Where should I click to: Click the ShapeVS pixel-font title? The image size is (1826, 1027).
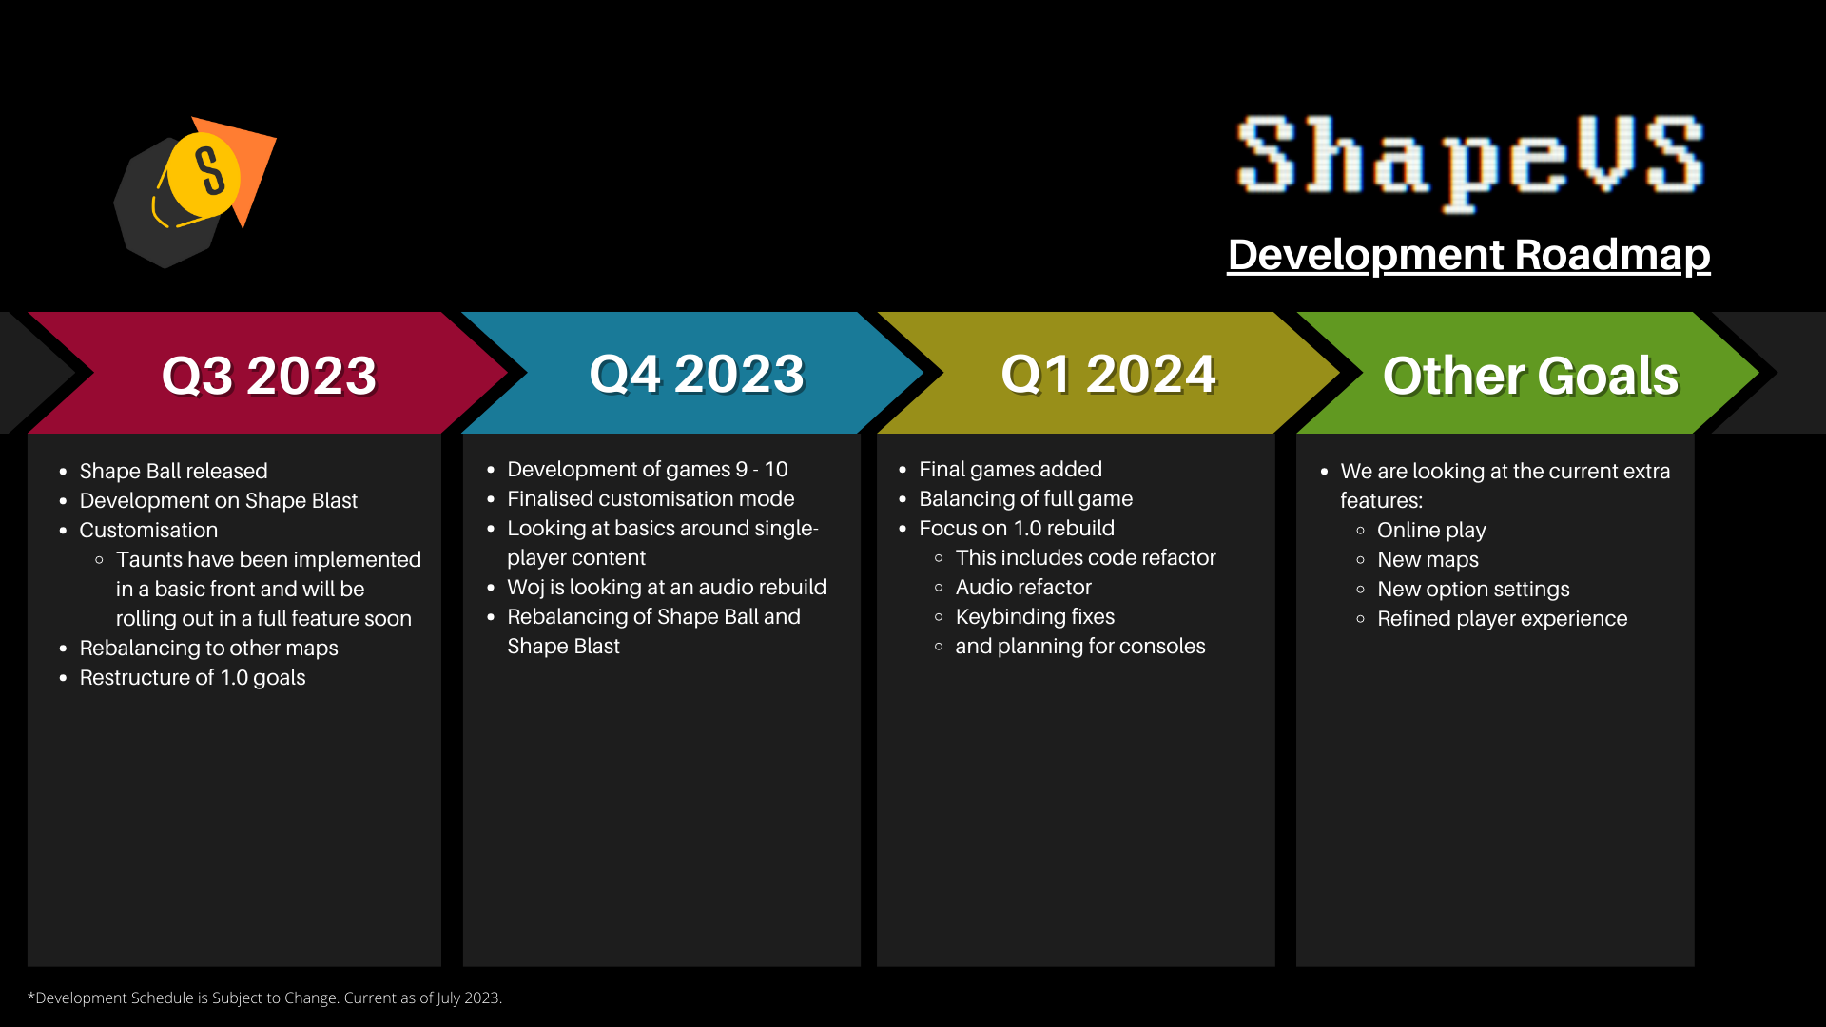[x=1469, y=160]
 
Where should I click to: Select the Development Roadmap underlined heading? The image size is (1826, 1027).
[x=1468, y=255]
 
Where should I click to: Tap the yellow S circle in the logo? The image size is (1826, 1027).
[x=204, y=174]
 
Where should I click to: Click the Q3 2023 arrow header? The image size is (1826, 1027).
[x=269, y=375]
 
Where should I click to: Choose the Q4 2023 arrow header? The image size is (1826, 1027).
[x=696, y=373]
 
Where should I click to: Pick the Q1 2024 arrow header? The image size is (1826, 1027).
[x=1109, y=373]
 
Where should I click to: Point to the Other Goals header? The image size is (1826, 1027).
[x=1530, y=375]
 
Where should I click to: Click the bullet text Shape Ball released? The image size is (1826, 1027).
[x=173, y=471]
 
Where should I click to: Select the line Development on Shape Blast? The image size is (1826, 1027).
[x=218, y=500]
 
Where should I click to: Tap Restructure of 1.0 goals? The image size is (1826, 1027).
[x=192, y=677]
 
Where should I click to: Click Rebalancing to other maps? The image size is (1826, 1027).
[x=208, y=648]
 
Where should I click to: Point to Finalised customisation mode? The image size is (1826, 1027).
[x=651, y=498]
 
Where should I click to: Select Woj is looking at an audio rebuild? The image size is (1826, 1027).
[x=667, y=587]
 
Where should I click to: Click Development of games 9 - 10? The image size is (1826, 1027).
[x=648, y=469]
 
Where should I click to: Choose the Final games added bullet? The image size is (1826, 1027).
[x=1010, y=469]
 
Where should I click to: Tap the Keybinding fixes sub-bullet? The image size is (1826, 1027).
[x=1035, y=616]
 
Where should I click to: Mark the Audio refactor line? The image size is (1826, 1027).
[x=1023, y=587]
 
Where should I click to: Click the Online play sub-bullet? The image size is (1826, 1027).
[x=1431, y=530]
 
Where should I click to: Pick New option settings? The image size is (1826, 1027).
[x=1473, y=589]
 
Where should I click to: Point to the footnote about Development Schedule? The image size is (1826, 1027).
[x=264, y=998]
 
